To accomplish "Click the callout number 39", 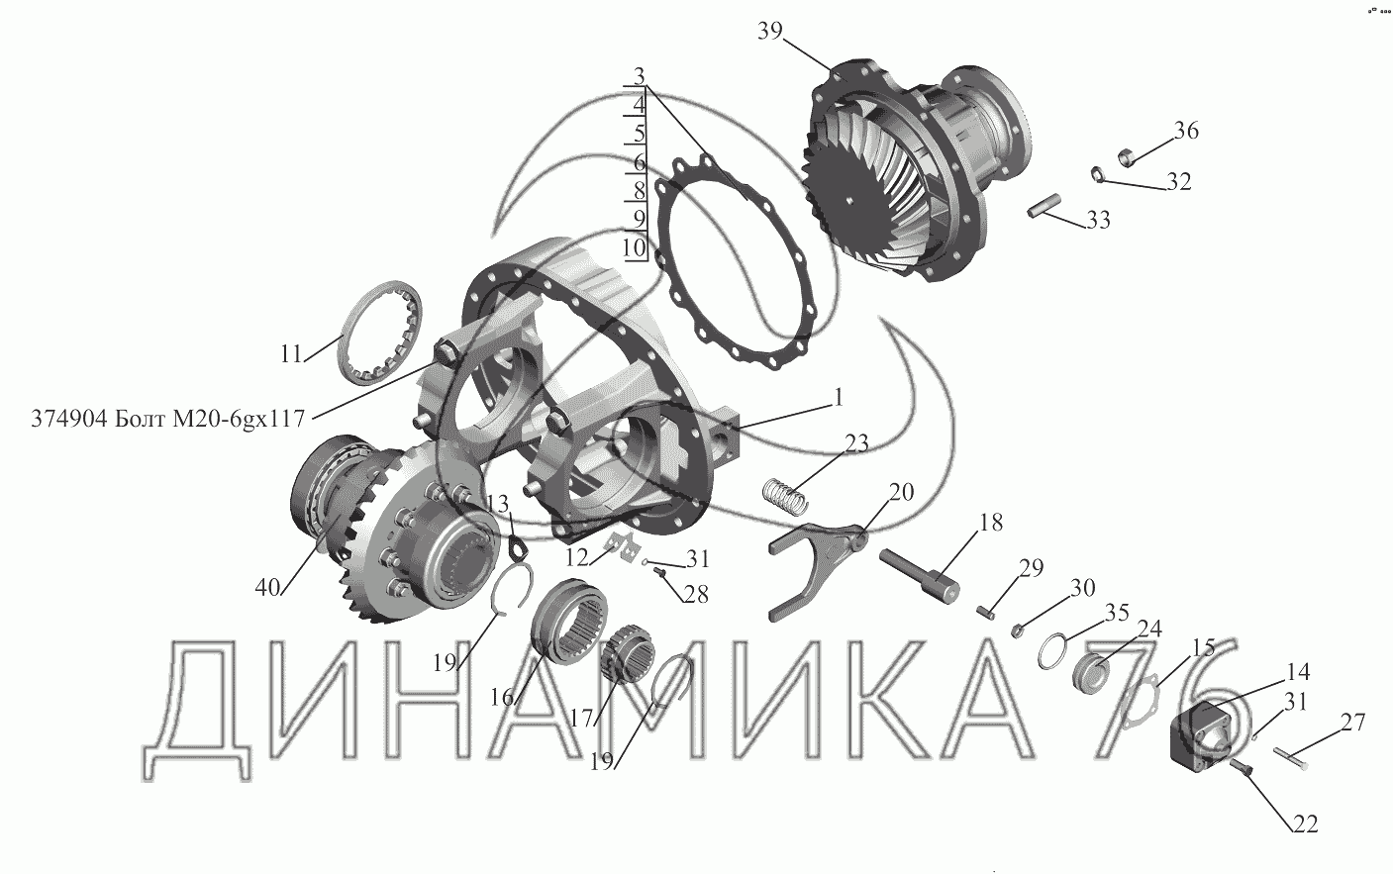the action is click(x=769, y=31).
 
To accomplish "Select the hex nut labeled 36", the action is click(x=1125, y=158).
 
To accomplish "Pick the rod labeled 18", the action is click(x=919, y=573).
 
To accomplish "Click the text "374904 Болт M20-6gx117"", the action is click(x=168, y=419).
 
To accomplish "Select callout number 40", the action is click(x=267, y=587).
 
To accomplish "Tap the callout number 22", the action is click(x=1305, y=825).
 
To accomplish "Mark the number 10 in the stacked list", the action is click(x=635, y=248).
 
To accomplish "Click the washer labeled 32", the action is click(x=1098, y=174).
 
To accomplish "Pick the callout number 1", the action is click(x=838, y=397).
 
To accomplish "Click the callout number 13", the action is click(x=497, y=504).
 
